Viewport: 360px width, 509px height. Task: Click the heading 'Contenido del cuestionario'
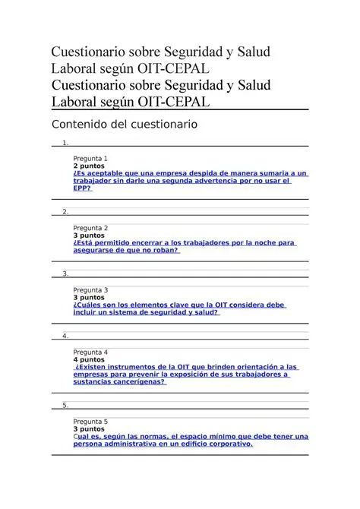tap(123, 123)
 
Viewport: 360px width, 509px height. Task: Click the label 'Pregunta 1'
tap(90, 158)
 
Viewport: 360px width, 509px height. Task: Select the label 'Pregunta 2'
tap(90, 228)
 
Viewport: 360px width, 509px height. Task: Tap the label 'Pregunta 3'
tap(90, 290)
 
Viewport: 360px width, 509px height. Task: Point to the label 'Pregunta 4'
tap(90, 353)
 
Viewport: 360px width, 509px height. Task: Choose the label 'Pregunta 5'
tap(90, 422)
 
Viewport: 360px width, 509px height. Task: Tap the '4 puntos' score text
tap(89, 360)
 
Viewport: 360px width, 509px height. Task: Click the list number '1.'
tap(66, 142)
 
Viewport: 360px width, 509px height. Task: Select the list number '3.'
tap(66, 274)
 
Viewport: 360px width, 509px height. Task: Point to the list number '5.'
tap(66, 406)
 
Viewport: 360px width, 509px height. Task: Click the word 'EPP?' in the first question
tap(82, 188)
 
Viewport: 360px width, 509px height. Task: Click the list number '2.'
tap(66, 212)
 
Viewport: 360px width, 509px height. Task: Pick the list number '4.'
tap(66, 336)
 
